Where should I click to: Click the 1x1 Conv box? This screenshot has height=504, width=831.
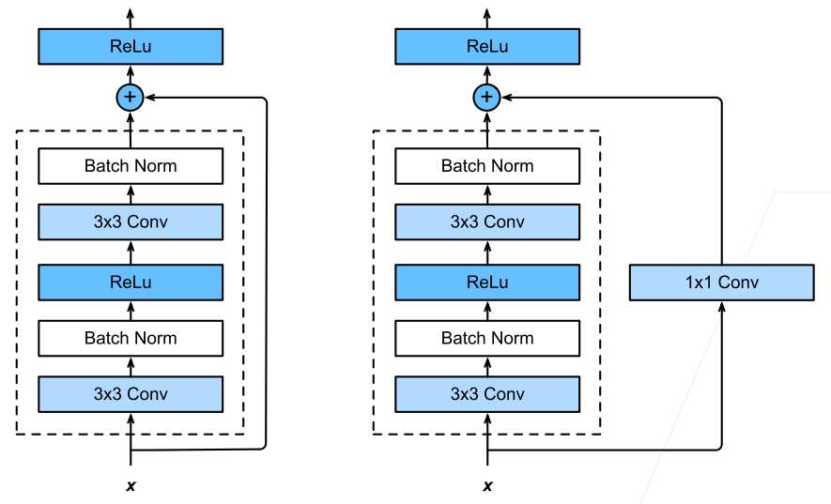click(721, 283)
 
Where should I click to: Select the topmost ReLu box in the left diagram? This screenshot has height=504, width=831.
click(131, 47)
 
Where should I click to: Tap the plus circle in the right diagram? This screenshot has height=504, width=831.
click(486, 98)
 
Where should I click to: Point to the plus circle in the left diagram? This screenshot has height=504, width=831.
click(130, 98)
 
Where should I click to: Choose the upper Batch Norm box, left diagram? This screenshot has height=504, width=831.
click(131, 166)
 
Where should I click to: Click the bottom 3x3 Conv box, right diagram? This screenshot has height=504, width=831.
click(487, 394)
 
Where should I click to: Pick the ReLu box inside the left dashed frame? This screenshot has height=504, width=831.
click(131, 283)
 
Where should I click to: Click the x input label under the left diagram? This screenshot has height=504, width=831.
click(131, 485)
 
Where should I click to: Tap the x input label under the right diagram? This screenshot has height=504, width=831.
click(487, 485)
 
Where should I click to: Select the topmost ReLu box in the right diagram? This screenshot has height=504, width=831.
click(487, 47)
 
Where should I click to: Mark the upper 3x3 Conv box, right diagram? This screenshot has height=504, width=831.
click(487, 221)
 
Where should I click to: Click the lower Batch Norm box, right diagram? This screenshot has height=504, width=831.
click(487, 338)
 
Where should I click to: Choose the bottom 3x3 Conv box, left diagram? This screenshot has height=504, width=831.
click(131, 394)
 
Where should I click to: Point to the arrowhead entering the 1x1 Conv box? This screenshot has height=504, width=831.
click(721, 306)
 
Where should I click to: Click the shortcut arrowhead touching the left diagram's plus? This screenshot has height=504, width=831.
click(150, 98)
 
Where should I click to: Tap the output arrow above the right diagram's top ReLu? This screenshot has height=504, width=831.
click(487, 19)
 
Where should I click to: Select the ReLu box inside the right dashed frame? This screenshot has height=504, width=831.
click(487, 283)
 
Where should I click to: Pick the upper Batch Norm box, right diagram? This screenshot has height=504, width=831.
click(487, 166)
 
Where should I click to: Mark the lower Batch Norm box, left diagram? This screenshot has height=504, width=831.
click(131, 338)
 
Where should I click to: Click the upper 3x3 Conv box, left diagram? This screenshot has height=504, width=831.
click(131, 221)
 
